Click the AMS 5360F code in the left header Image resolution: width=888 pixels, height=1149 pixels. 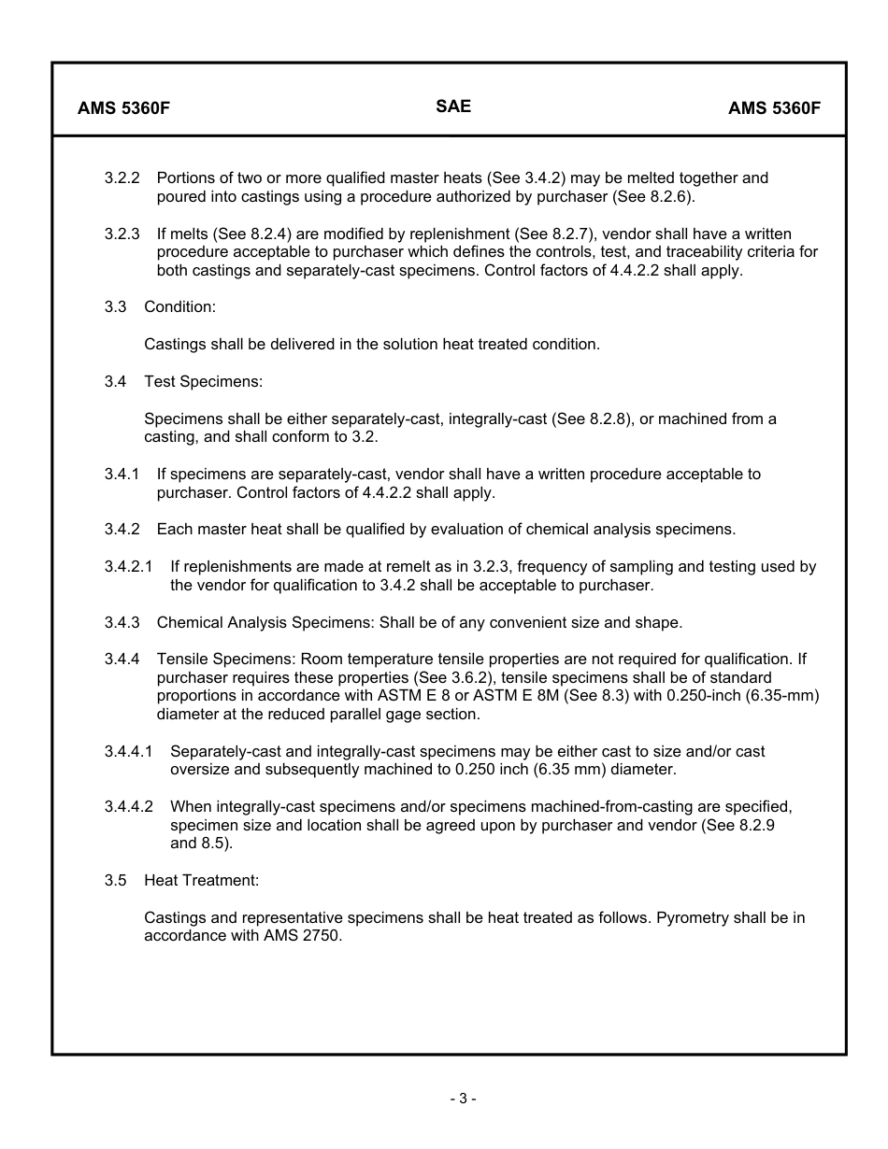click(x=123, y=107)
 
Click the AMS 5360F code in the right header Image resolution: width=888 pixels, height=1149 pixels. click(x=774, y=107)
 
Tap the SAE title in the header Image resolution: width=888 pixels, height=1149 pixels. click(x=453, y=106)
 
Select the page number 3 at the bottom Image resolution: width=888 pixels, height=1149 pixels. click(x=462, y=1099)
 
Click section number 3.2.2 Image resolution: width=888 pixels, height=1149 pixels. click(x=122, y=177)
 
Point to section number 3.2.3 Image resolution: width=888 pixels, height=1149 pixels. click(x=122, y=234)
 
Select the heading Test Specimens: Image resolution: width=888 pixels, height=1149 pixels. click(x=203, y=381)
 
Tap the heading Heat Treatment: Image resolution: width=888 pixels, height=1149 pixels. click(x=201, y=880)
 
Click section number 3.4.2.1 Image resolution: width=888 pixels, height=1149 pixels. click(x=128, y=566)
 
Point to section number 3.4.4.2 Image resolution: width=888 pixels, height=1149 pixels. click(x=128, y=806)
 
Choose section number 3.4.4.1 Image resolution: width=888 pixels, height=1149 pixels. click(x=128, y=751)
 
